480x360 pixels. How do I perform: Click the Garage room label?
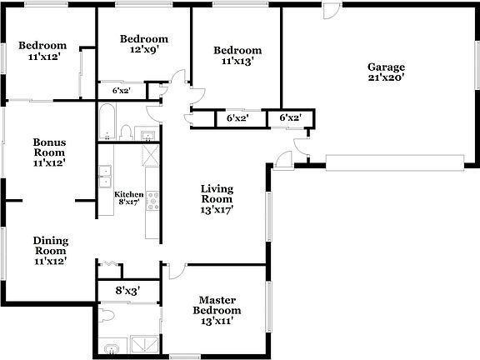click(x=386, y=67)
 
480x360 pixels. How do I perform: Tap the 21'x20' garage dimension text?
click(x=386, y=77)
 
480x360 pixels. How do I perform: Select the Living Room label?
click(x=217, y=194)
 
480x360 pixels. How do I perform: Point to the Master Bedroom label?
click(x=217, y=305)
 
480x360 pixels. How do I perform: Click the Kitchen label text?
click(x=128, y=194)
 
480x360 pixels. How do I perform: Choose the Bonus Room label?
click(x=50, y=147)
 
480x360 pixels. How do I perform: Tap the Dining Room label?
click(x=50, y=246)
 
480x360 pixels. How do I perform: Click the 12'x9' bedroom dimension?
click(x=144, y=50)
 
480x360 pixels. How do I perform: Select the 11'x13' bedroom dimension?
click(x=237, y=61)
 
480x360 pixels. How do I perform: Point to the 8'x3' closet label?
click(x=127, y=291)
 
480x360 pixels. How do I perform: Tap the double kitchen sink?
click(x=106, y=177)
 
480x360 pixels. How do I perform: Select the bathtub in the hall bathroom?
click(x=107, y=122)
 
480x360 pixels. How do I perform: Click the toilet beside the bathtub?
click(x=126, y=132)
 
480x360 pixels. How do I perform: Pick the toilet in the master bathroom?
click(x=105, y=314)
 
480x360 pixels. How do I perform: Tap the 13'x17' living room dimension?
click(x=217, y=210)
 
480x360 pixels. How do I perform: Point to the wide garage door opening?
click(x=395, y=161)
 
